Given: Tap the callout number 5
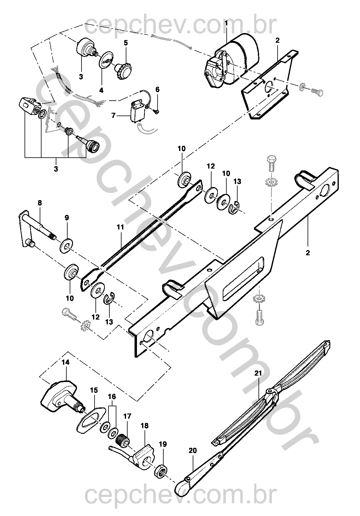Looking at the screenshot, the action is point(126,43).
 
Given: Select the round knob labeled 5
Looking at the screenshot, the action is point(124,71).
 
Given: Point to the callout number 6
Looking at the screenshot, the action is point(158,89).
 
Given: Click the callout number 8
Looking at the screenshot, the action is point(40,203).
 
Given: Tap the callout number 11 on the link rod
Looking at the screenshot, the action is point(120,227).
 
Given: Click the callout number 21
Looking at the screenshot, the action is point(258,373).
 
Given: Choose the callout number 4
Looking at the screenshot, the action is point(101,90).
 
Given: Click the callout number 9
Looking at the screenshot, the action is point(67,218).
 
